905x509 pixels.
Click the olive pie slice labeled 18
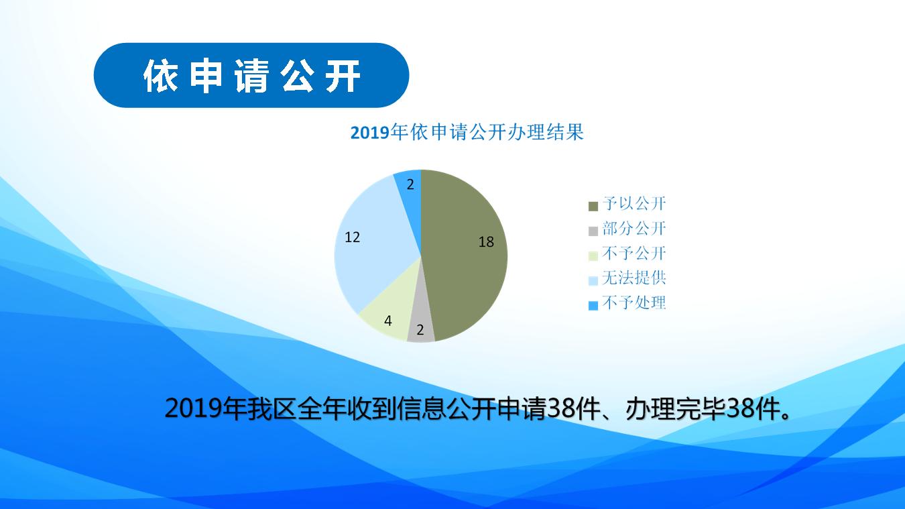pos(465,256)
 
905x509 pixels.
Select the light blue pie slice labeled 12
pos(371,243)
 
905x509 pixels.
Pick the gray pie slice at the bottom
pos(421,323)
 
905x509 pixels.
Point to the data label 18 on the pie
pos(486,242)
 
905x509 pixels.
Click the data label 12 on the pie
pos(353,237)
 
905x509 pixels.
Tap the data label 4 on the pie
pos(388,321)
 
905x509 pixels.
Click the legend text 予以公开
pos(633,203)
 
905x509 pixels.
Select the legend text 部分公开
pos(633,229)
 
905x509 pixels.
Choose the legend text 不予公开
pos(633,253)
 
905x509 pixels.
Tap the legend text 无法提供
pos(633,278)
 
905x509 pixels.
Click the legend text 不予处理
pos(633,303)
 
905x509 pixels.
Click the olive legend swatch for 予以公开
pos(593,206)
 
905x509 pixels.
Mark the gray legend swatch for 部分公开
pos(593,231)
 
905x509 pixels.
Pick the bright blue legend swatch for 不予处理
pos(593,306)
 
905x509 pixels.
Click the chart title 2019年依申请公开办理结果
pos(467,132)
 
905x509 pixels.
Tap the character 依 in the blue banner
pos(160,76)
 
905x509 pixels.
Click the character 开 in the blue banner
pos(343,76)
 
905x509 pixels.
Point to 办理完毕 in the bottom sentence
pos(676,409)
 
